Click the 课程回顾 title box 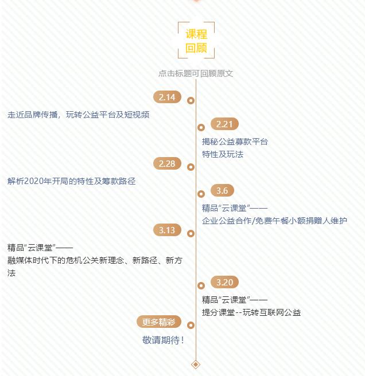196,41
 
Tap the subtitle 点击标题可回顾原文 196,73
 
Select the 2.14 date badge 167,97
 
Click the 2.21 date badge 224,124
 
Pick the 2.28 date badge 167,163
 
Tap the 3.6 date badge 222,190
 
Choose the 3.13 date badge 167,230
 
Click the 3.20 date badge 224,282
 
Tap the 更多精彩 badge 158,322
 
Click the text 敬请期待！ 164,340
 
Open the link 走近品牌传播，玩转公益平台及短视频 79,115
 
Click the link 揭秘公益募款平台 235,142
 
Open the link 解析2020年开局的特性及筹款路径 72,181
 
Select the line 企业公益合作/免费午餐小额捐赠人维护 274,220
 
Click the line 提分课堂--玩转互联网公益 251,312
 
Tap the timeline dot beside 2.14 191,101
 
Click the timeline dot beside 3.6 201,194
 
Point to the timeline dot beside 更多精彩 191,326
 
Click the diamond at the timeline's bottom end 196,364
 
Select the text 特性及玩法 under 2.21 223,154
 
